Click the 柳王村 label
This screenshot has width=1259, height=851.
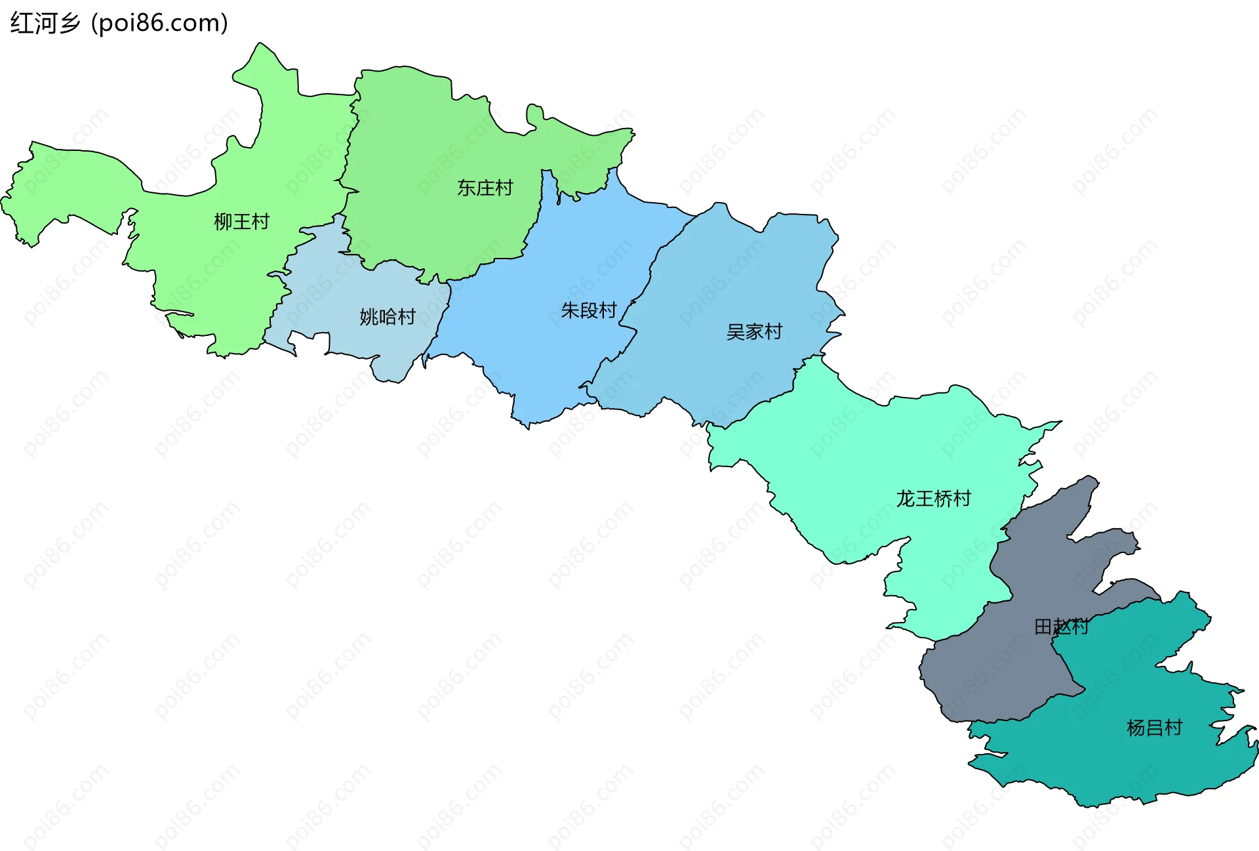(241, 222)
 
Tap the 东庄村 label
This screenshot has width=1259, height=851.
(485, 188)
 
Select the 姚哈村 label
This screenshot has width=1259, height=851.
(387, 318)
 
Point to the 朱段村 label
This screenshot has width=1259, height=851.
(588, 310)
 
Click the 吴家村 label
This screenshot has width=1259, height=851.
(754, 332)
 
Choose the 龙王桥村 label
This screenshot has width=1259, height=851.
(933, 499)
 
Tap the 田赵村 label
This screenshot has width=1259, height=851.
(1061, 627)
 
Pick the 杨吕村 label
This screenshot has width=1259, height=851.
(1154, 728)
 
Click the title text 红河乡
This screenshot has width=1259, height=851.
(45, 24)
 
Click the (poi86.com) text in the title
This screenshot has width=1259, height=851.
(160, 24)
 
